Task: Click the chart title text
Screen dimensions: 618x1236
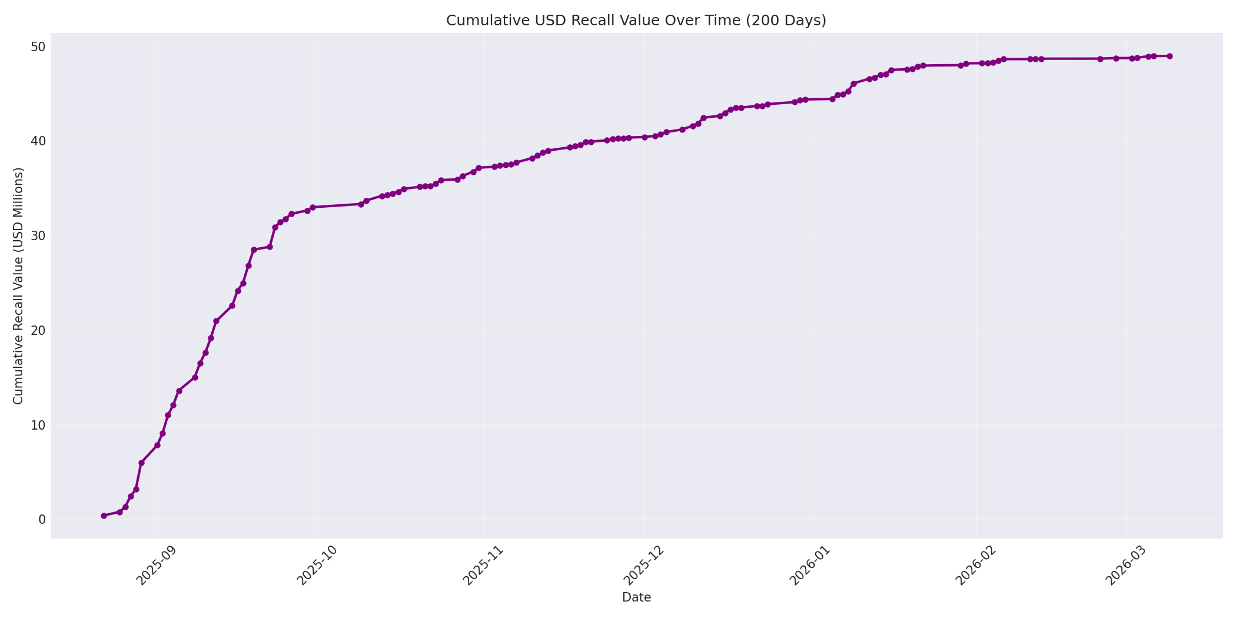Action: click(x=636, y=21)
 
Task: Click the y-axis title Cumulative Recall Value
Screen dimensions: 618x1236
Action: click(x=18, y=286)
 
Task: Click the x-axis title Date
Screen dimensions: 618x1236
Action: click(x=636, y=597)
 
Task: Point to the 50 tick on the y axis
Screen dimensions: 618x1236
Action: click(x=39, y=46)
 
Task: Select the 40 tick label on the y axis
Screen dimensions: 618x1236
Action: click(x=39, y=141)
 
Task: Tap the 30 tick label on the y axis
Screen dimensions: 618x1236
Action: click(x=39, y=235)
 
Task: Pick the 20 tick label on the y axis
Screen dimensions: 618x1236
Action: click(x=39, y=330)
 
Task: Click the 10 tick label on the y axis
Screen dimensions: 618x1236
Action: click(x=39, y=425)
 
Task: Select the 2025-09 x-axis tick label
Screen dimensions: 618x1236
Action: click(x=157, y=566)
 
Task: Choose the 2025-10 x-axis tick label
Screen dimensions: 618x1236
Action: click(x=317, y=566)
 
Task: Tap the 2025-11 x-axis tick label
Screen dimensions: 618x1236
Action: click(x=483, y=566)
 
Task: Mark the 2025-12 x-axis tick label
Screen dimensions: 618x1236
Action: click(x=644, y=566)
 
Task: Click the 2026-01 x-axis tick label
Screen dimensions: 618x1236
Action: click(x=810, y=566)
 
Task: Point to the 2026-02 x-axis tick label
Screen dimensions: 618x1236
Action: click(x=976, y=566)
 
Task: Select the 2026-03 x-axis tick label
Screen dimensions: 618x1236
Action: click(x=1126, y=566)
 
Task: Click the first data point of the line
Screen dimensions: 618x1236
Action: click(x=104, y=516)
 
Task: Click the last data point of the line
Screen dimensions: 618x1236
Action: click(x=1169, y=56)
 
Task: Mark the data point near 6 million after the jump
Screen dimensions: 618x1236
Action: click(x=141, y=463)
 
